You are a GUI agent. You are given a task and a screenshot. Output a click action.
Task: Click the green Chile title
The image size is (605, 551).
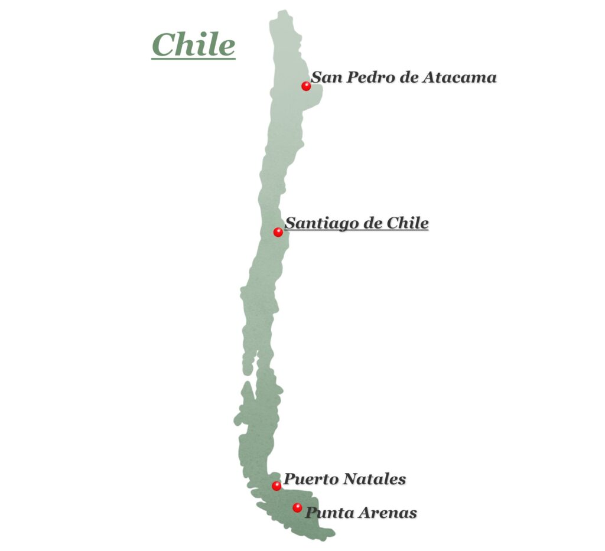[x=193, y=45]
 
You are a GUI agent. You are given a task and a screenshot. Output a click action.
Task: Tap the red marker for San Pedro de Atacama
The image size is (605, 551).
[x=306, y=86]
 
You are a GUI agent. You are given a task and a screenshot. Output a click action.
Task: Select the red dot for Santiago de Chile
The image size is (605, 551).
[x=278, y=232]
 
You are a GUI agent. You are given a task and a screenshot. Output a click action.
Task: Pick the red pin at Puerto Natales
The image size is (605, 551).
[x=277, y=486]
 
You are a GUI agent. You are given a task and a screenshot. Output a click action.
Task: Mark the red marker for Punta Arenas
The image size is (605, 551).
[x=297, y=508]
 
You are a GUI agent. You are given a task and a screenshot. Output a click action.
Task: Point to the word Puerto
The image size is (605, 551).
[x=309, y=480]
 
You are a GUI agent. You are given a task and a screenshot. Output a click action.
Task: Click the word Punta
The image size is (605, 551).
[x=327, y=513]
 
